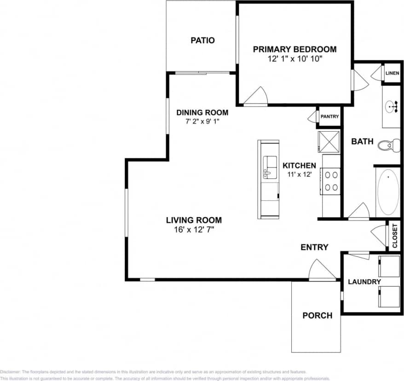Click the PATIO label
point(202,40)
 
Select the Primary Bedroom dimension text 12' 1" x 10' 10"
point(294,59)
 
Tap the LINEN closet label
point(392,73)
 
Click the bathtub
point(388,192)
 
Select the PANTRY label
point(329,117)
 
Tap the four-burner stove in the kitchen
point(330,181)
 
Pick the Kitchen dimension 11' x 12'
point(299,175)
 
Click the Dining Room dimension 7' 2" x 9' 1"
point(202,122)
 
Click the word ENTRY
point(314,248)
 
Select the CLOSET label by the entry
point(394,236)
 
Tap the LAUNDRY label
point(364,282)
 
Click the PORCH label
point(317,316)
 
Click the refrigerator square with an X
point(328,141)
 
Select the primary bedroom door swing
point(256,96)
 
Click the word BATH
point(362,142)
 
